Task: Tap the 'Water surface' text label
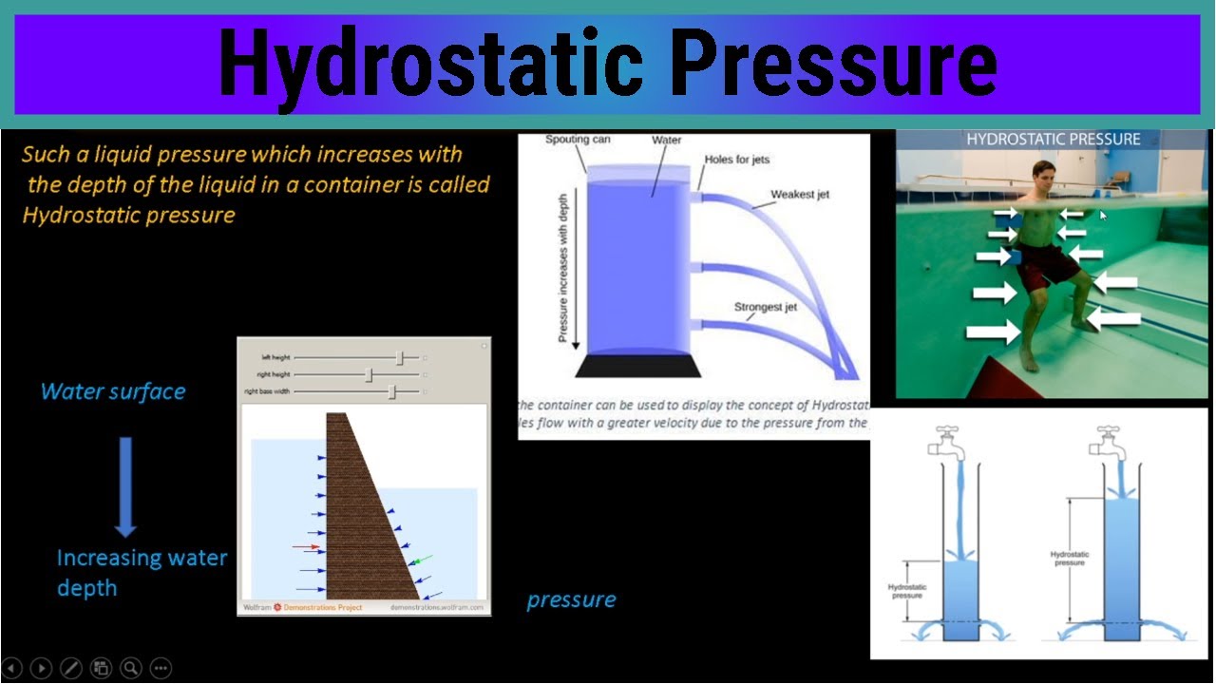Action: [113, 391]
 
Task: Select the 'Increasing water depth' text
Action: [141, 572]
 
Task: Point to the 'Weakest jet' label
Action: [799, 195]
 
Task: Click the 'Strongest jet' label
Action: [765, 308]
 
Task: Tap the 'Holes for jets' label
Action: [736, 160]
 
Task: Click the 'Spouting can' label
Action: [578, 140]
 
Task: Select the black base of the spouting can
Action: [637, 365]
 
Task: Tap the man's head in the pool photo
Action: [1043, 180]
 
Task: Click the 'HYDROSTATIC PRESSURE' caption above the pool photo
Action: [1053, 140]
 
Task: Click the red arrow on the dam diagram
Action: [306, 547]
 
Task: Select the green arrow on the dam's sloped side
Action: [421, 560]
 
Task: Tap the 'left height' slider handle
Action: [401, 358]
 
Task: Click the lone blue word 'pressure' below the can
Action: [571, 599]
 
